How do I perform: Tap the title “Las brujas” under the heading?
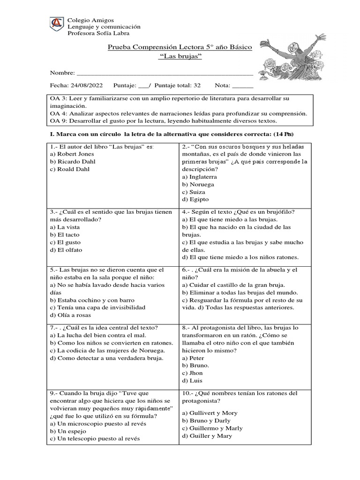[180, 56]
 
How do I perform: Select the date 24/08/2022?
[87, 85]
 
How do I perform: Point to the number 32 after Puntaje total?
[197, 85]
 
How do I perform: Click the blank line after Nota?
[242, 86]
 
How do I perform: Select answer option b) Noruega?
[199, 184]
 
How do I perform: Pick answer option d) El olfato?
[66, 250]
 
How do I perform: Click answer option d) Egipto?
[195, 199]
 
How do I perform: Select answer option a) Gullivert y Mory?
[210, 413]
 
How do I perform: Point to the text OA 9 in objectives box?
[57, 121]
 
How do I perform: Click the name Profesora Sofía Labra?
[98, 33]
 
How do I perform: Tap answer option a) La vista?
[65, 227]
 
